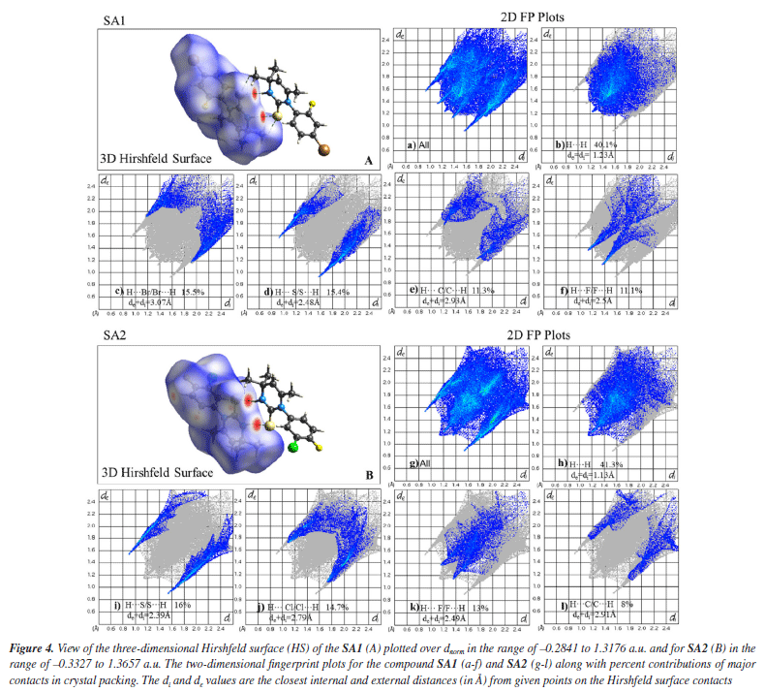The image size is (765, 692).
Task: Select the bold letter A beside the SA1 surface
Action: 367,160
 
